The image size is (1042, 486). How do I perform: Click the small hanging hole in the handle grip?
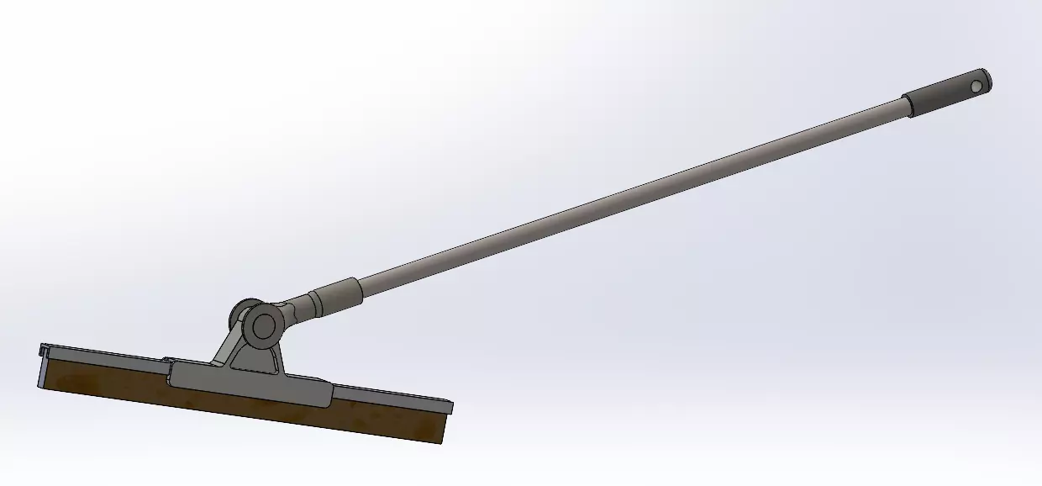(x=975, y=85)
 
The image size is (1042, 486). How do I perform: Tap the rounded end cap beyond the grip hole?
(x=987, y=80)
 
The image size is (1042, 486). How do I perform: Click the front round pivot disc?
(x=264, y=324)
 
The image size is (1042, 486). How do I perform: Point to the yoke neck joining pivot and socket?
(x=291, y=311)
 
